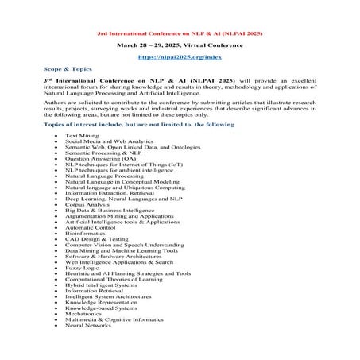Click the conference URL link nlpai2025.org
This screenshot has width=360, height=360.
coord(179,58)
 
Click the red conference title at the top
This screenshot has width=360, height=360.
coord(180,36)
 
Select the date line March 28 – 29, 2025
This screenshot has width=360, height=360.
coord(180,47)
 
